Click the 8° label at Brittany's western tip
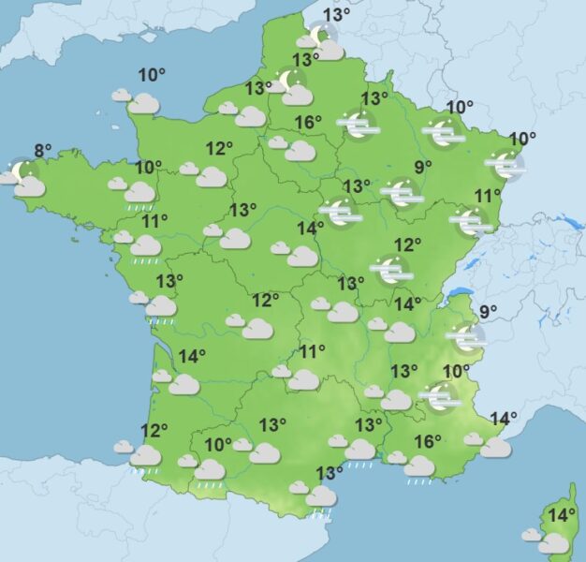tap(43, 149)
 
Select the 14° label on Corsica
tap(562, 515)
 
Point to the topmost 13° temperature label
tap(337, 15)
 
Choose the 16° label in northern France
tap(309, 122)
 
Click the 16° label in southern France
tap(428, 442)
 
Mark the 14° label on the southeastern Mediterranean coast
tap(504, 419)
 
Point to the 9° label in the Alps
tap(489, 312)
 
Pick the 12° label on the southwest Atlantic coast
tap(154, 431)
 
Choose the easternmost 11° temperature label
tap(484, 196)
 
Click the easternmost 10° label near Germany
tap(522, 139)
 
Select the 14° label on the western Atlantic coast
tap(192, 356)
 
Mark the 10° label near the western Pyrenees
tap(218, 445)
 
